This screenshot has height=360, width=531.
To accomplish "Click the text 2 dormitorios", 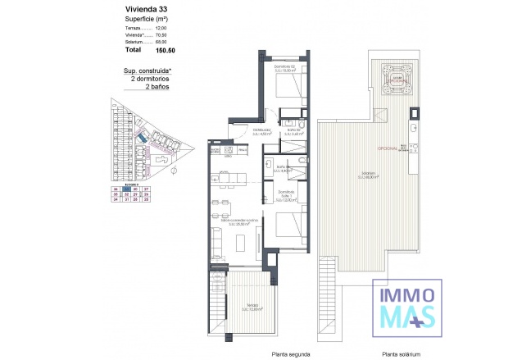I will pos(153,79).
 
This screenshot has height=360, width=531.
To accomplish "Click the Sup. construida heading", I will pos(152,71).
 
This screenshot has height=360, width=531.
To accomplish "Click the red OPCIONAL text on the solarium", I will pos(387,148).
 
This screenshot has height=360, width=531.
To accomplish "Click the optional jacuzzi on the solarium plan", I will pos(397,79).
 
